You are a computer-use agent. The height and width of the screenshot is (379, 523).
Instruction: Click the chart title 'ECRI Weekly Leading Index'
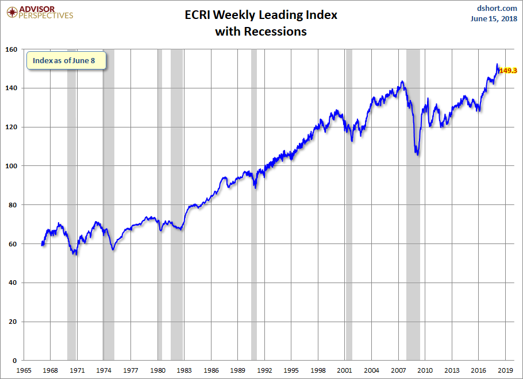pos(261,15)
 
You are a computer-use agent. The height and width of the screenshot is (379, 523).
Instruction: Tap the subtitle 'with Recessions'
pos(261,32)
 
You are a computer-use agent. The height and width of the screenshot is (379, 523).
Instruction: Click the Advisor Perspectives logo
pos(40,12)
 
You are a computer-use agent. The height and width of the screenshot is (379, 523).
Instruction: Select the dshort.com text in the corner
pos(497,8)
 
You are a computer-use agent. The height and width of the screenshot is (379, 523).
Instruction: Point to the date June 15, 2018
pos(494,19)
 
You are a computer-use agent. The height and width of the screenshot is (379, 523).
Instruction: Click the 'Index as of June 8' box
pos(66,60)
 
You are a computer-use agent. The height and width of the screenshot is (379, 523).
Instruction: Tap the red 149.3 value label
pos(508,70)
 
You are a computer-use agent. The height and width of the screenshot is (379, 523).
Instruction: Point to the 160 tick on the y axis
pos(11,49)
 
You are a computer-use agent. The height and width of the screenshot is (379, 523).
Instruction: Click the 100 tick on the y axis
pos(11,166)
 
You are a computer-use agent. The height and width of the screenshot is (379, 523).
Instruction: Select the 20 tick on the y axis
pos(13,322)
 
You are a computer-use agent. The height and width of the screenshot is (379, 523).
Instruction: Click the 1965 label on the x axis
pos(24,370)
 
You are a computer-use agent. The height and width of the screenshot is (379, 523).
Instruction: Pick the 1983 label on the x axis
pos(184,370)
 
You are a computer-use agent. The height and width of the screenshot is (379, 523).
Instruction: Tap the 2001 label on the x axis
pos(345,370)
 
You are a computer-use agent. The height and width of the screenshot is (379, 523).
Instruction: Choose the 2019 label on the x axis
pos(505,370)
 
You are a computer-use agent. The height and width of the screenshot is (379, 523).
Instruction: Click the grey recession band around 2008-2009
pos(413,204)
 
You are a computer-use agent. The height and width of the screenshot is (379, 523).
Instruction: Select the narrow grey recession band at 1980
pos(160,204)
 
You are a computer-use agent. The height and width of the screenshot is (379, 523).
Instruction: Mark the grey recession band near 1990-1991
pos(254,204)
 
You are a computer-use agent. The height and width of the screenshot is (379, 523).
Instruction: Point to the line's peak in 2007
pos(402,81)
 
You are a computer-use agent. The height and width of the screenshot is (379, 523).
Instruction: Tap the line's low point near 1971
pos(76,254)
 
